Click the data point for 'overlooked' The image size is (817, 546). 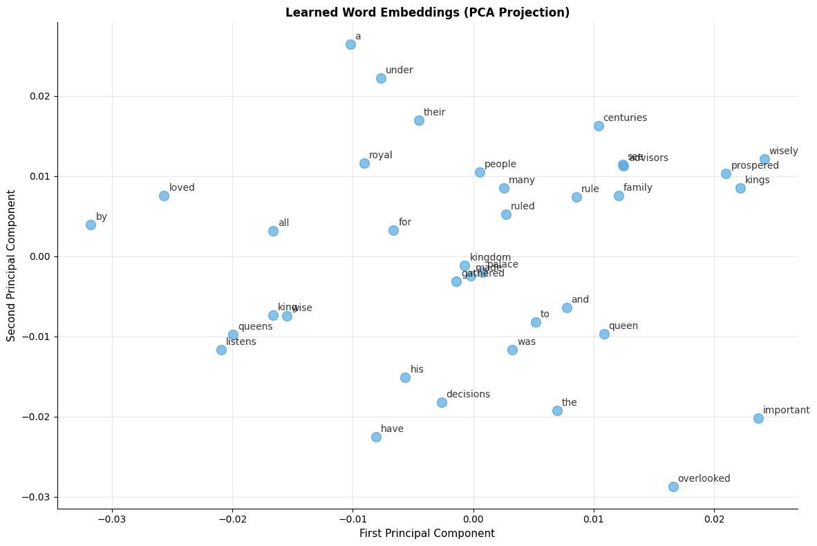tap(673, 487)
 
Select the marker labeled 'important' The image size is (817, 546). tap(758, 418)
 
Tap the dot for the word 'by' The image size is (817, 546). tap(91, 225)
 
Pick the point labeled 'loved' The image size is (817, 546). tap(164, 196)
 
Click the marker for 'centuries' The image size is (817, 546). tap(599, 126)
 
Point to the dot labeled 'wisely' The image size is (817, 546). tap(764, 159)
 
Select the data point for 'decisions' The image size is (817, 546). tap(442, 402)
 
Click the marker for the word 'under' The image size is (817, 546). tap(381, 78)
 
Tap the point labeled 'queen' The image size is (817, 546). tap(604, 334)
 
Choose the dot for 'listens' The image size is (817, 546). tap(221, 350)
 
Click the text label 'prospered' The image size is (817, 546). tap(755, 166)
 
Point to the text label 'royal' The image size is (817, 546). tap(380, 156)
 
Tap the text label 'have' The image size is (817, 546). tap(392, 429)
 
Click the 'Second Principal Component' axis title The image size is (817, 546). tap(11, 265)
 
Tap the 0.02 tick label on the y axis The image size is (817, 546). tap(39, 96)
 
